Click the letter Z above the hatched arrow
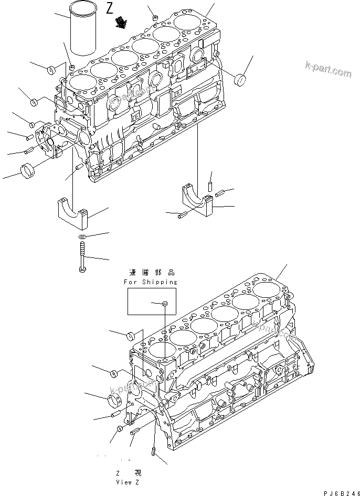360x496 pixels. [109, 8]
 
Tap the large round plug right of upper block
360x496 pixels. [241, 80]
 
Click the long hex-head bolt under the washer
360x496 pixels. [82, 257]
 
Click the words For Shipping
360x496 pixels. [151, 282]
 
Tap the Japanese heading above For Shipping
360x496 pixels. [151, 273]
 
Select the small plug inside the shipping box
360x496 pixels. [164, 303]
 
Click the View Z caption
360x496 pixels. [130, 481]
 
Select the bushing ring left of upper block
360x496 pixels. [29, 171]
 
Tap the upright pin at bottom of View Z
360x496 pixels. [153, 451]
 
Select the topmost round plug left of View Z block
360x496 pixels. [132, 335]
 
